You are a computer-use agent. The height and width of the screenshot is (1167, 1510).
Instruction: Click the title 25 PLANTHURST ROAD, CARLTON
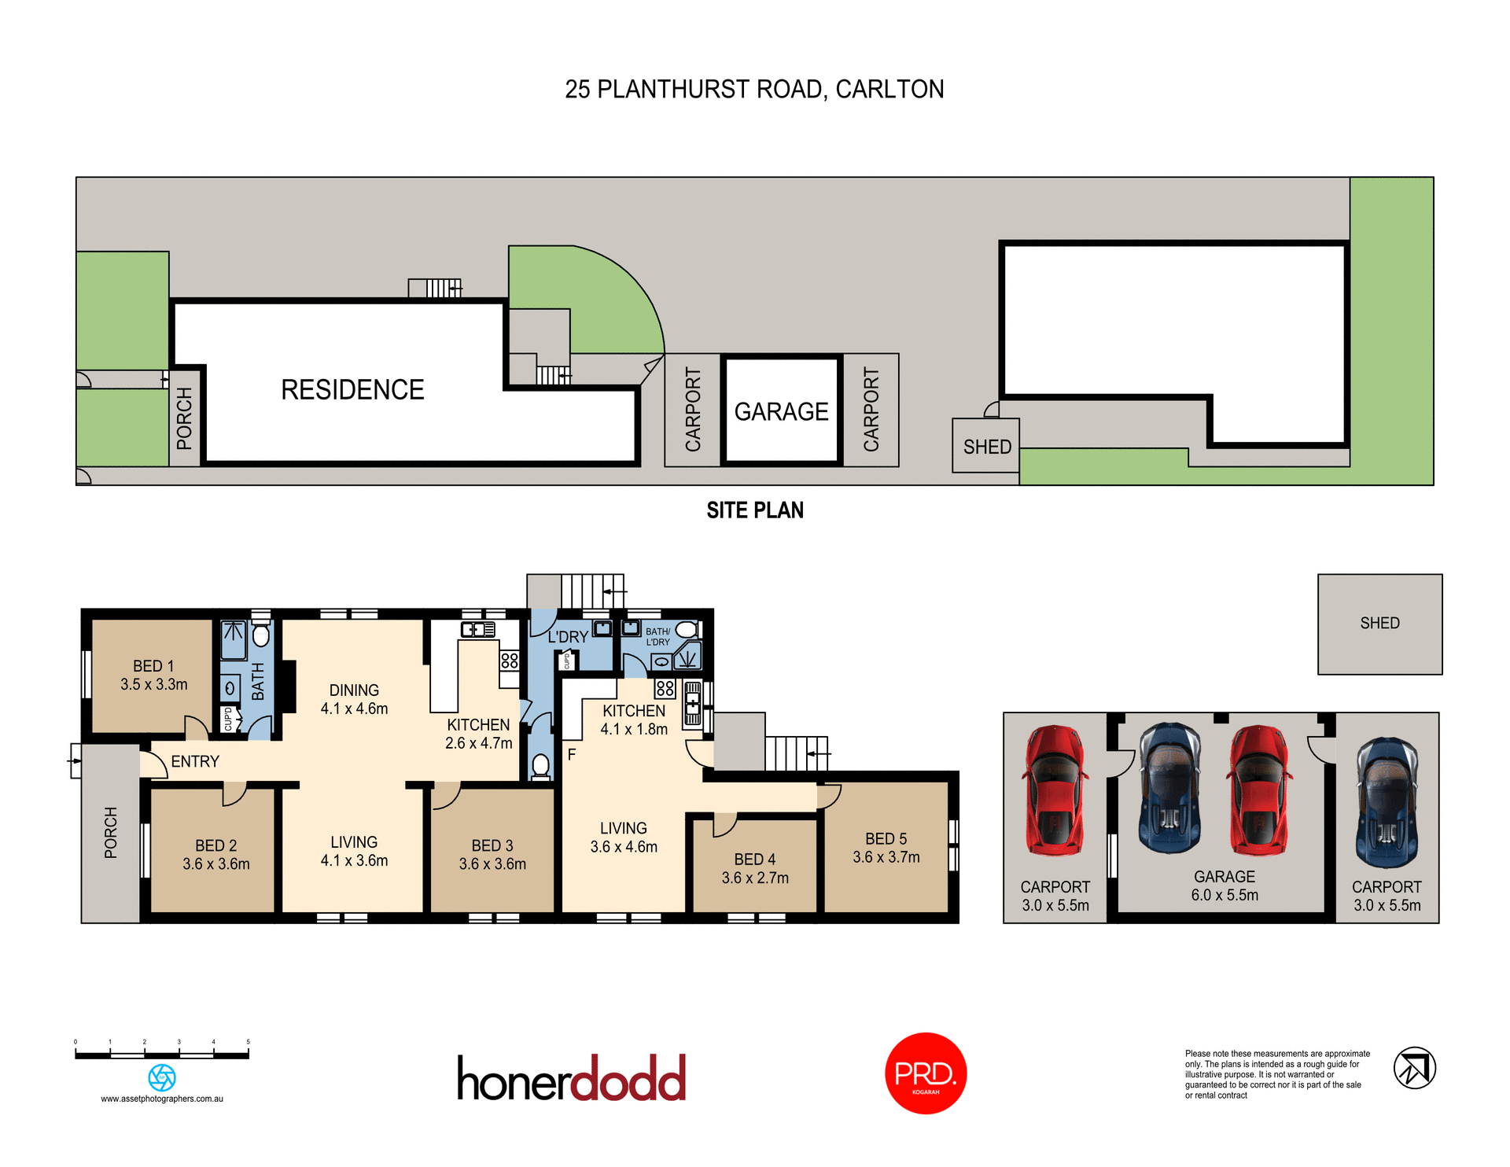point(754,90)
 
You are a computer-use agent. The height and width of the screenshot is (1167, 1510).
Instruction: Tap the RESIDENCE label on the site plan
point(352,390)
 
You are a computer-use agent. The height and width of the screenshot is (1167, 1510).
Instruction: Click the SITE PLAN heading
point(755,510)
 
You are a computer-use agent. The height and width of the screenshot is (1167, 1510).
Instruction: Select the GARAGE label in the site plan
point(781,411)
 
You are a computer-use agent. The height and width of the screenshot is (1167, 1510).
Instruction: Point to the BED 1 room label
point(153,675)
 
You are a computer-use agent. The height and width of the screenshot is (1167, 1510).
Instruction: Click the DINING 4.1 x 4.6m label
point(354,699)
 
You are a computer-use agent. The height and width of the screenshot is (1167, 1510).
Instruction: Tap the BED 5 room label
point(886,848)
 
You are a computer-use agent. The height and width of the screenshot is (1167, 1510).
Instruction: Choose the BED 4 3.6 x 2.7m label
point(755,868)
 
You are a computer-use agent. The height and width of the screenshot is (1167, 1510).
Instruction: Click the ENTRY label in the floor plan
point(195,761)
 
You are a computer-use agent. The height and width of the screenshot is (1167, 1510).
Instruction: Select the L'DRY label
point(568,637)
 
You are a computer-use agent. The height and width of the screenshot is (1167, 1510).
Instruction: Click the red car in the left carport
point(1055,790)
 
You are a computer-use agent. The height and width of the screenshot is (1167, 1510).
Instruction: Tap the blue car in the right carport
point(1387,802)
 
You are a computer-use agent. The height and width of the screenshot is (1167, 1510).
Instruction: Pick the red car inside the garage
point(1260,790)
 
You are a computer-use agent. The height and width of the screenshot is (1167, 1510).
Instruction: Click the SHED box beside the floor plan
point(1379,624)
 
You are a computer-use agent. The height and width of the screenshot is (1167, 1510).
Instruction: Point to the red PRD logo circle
point(926,1073)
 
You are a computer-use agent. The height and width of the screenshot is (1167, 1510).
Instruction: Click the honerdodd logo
point(572,1078)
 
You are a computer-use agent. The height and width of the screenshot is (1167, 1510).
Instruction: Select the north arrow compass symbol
point(1414,1068)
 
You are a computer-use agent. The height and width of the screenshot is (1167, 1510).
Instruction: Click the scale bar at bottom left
point(162,1055)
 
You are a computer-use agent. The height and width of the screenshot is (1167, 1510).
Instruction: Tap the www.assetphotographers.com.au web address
point(162,1099)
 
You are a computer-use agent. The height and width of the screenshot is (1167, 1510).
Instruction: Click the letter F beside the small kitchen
point(572,754)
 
